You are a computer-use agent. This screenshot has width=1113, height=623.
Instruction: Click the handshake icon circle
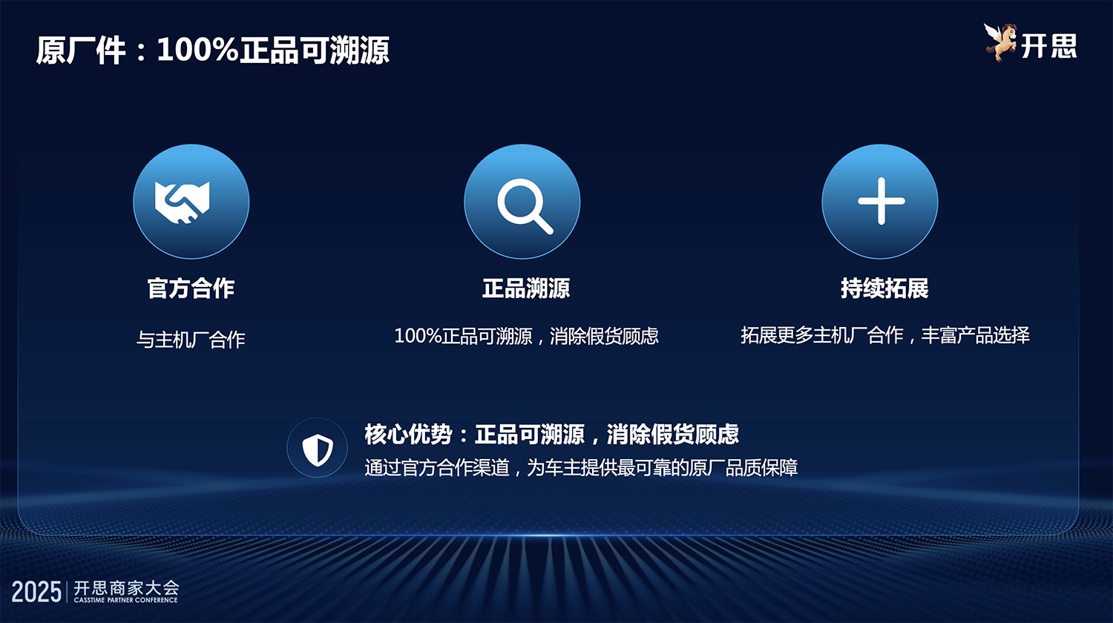pyautogui.click(x=191, y=202)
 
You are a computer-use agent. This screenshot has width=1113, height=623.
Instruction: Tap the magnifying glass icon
pyautogui.click(x=522, y=202)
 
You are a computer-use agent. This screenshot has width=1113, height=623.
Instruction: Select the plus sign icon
pyautogui.click(x=880, y=202)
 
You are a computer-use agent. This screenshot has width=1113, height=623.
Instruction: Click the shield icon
pyautogui.click(x=318, y=448)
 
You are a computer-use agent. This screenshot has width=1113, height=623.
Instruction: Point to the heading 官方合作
pyautogui.click(x=191, y=288)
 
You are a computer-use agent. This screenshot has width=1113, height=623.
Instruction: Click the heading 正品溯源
pyautogui.click(x=526, y=288)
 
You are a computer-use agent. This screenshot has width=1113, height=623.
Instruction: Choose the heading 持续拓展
pyautogui.click(x=884, y=288)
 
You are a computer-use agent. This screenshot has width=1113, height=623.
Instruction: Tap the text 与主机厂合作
pyautogui.click(x=191, y=340)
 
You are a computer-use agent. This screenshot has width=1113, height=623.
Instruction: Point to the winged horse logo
pyautogui.click(x=1000, y=42)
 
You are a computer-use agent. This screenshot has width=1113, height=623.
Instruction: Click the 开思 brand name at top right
pyautogui.click(x=1049, y=46)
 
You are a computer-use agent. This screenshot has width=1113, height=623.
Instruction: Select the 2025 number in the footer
pyautogui.click(x=36, y=592)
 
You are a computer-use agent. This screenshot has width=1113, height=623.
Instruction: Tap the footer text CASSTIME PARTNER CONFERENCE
pyautogui.click(x=125, y=600)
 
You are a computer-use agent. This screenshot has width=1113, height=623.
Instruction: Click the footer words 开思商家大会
pyautogui.click(x=126, y=587)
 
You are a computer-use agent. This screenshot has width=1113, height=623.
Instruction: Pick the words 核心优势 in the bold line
pyautogui.click(x=407, y=434)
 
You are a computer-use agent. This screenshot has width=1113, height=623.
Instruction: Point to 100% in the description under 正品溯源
pyautogui.click(x=418, y=336)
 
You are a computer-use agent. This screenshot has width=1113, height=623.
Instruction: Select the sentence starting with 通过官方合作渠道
pyautogui.click(x=581, y=468)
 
